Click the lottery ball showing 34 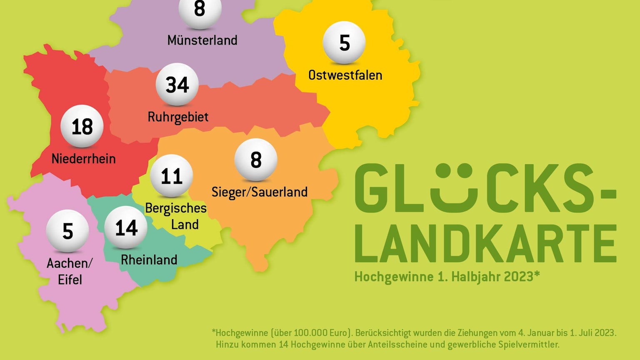pyautogui.click(x=177, y=84)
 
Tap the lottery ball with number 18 pyautogui.click(x=82, y=126)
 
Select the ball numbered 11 pyautogui.click(x=172, y=176)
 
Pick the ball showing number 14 pyautogui.click(x=126, y=227)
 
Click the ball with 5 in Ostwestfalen pyautogui.click(x=344, y=42)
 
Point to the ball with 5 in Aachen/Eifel pyautogui.click(x=67, y=231)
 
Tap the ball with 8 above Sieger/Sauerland pyautogui.click(x=256, y=160)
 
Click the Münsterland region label pyautogui.click(x=202, y=40)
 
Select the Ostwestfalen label pyautogui.click(x=345, y=75)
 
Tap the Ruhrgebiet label pyautogui.click(x=178, y=117)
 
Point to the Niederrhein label pyautogui.click(x=83, y=159)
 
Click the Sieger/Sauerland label pyautogui.click(x=259, y=192)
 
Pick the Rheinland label pyautogui.click(x=149, y=260)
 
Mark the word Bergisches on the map pyautogui.click(x=175, y=208)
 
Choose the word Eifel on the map pyautogui.click(x=70, y=280)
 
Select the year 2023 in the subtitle pyautogui.click(x=518, y=277)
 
